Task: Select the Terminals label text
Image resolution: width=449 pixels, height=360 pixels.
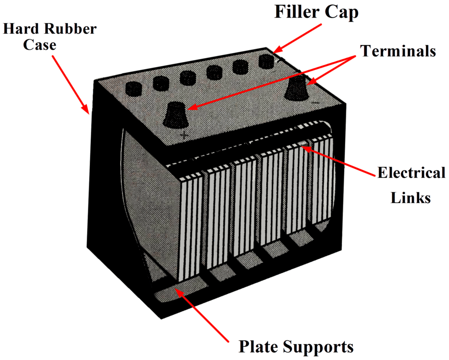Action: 398,51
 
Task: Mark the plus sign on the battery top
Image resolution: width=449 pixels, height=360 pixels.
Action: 184,135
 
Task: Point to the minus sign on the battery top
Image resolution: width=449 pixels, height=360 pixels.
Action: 314,103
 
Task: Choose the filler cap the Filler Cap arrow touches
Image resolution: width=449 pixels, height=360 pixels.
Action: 266,61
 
